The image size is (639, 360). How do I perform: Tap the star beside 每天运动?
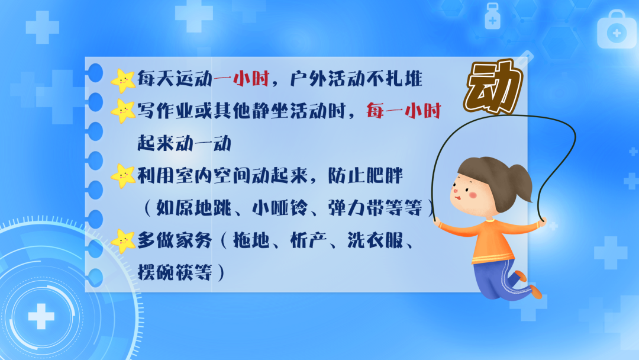pos(123,81)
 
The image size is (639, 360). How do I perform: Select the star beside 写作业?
pos(123,111)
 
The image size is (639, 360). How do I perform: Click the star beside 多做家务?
pos(123,240)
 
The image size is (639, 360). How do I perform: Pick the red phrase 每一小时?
pos(404,111)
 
